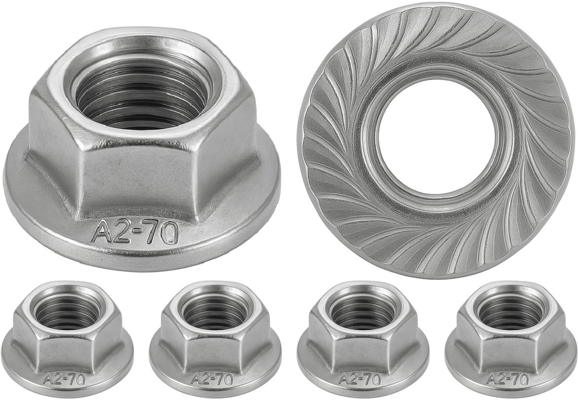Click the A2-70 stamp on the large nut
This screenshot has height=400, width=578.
135,232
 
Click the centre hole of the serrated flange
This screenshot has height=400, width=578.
436,137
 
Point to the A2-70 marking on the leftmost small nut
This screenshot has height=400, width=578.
64,379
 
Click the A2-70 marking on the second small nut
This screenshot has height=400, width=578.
211,379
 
